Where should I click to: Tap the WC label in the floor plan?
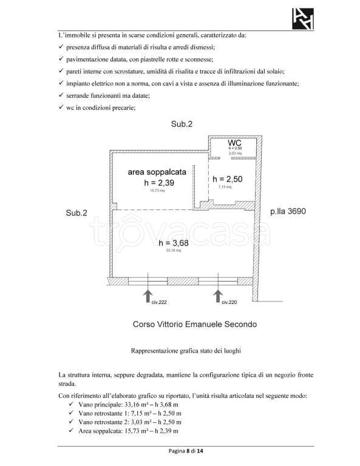(236, 143)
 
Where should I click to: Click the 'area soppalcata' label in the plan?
(157, 172)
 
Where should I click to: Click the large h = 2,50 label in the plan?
(228, 180)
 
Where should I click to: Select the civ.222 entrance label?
(158, 302)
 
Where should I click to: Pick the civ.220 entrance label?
(228, 302)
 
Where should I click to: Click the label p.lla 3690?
(288, 212)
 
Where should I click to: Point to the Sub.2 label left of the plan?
(76, 213)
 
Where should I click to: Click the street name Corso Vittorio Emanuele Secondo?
(194, 324)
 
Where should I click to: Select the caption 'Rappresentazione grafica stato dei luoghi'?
(180, 351)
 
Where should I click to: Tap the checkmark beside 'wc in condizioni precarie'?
(61, 108)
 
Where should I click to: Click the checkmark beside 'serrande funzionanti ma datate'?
(61, 95)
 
